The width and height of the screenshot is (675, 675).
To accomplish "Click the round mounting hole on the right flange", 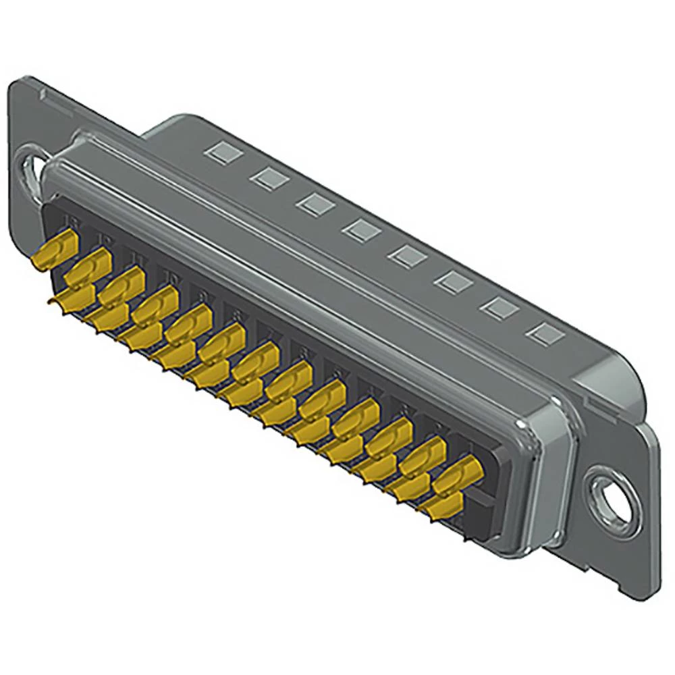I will [x=615, y=502].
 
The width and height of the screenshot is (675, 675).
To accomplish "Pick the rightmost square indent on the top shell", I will [x=544, y=333].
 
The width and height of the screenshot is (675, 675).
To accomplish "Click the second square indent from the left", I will [x=267, y=178].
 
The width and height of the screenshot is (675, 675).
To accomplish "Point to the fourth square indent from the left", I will [x=360, y=230].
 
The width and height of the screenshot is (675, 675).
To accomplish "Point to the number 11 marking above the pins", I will [x=137, y=258].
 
